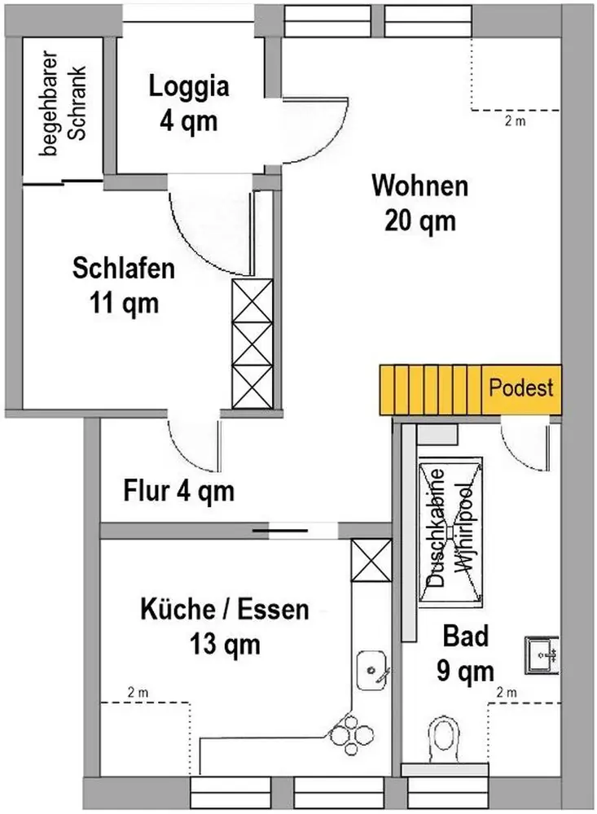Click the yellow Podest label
(x=521, y=387)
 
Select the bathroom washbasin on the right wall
(x=542, y=655)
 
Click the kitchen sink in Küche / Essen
(x=371, y=670)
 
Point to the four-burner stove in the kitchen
(x=352, y=734)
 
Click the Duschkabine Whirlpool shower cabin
(x=450, y=532)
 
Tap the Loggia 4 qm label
(x=189, y=103)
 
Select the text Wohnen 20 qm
(x=419, y=203)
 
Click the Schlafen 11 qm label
(x=124, y=286)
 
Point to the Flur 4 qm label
(x=178, y=491)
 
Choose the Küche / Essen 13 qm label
(x=225, y=627)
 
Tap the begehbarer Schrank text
(x=63, y=103)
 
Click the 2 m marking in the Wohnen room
(x=515, y=121)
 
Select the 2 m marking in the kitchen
(x=138, y=693)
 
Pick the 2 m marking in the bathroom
(x=507, y=693)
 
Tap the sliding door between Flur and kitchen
(x=280, y=531)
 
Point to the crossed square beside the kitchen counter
(x=371, y=560)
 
